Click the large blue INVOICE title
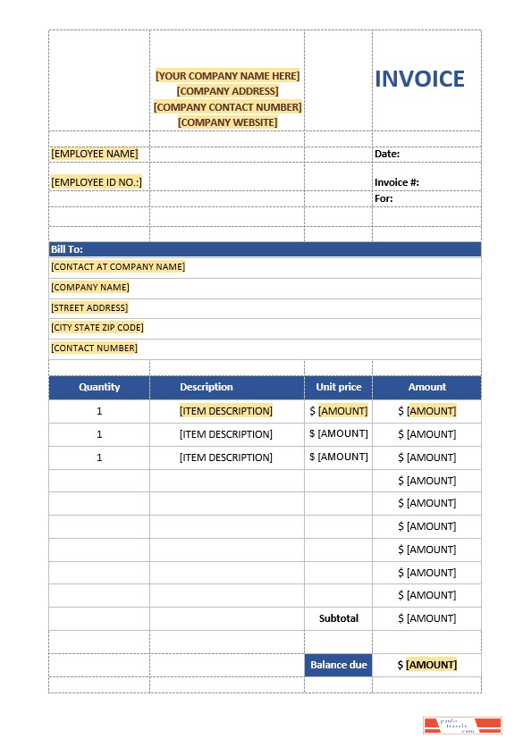coord(419,80)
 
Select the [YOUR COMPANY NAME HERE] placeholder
coord(228,76)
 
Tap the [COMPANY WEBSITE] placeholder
coord(228,122)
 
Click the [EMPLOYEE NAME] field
coord(95,154)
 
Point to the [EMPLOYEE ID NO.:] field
coord(97,182)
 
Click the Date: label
coord(387,154)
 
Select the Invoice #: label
coord(397,182)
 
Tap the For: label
coord(384,198)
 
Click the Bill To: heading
coord(67,249)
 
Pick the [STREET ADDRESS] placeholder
coord(89,307)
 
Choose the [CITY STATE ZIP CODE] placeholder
coord(97,328)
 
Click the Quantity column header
coord(99,387)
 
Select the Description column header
coord(207,387)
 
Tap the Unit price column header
coord(339,387)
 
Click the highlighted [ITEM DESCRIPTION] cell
coord(226,411)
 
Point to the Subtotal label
coord(339,618)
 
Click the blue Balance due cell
coord(339,665)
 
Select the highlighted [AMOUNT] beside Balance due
coord(432,665)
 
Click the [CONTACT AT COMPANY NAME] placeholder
coord(118,266)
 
